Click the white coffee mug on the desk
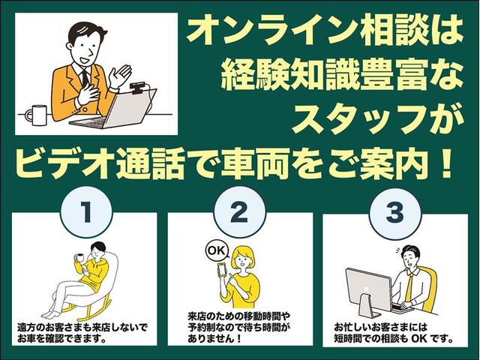(36, 114)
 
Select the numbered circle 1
(86, 213)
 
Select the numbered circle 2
(240, 213)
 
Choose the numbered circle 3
(394, 213)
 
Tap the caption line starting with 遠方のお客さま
(82, 328)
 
